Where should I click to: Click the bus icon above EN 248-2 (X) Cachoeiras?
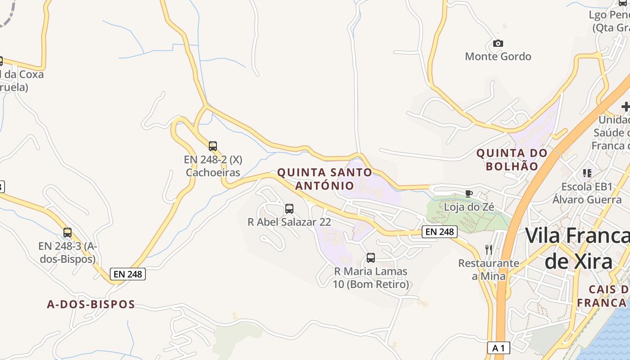pos(213,146)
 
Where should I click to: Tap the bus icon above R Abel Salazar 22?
pos(289,209)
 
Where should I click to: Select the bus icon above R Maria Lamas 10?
pos(371,258)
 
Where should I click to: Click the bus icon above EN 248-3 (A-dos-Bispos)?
pos(67,233)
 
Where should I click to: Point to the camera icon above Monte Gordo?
pos(498,43)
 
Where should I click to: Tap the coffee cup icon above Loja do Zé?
pos(469,193)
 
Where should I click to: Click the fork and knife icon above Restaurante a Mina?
pos(489,249)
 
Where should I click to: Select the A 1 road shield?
pos(499,348)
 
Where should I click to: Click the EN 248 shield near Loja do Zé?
pos(440,232)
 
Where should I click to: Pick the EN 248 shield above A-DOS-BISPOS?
pos(128,274)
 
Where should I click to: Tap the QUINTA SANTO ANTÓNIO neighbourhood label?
pos(325,179)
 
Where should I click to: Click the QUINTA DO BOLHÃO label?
pos(512,159)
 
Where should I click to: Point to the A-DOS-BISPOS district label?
pos(91,304)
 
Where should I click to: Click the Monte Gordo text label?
pos(498,56)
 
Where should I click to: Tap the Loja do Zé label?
pos(469,207)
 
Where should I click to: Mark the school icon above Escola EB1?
pos(587,173)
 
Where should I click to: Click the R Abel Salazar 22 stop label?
pos(289,222)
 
